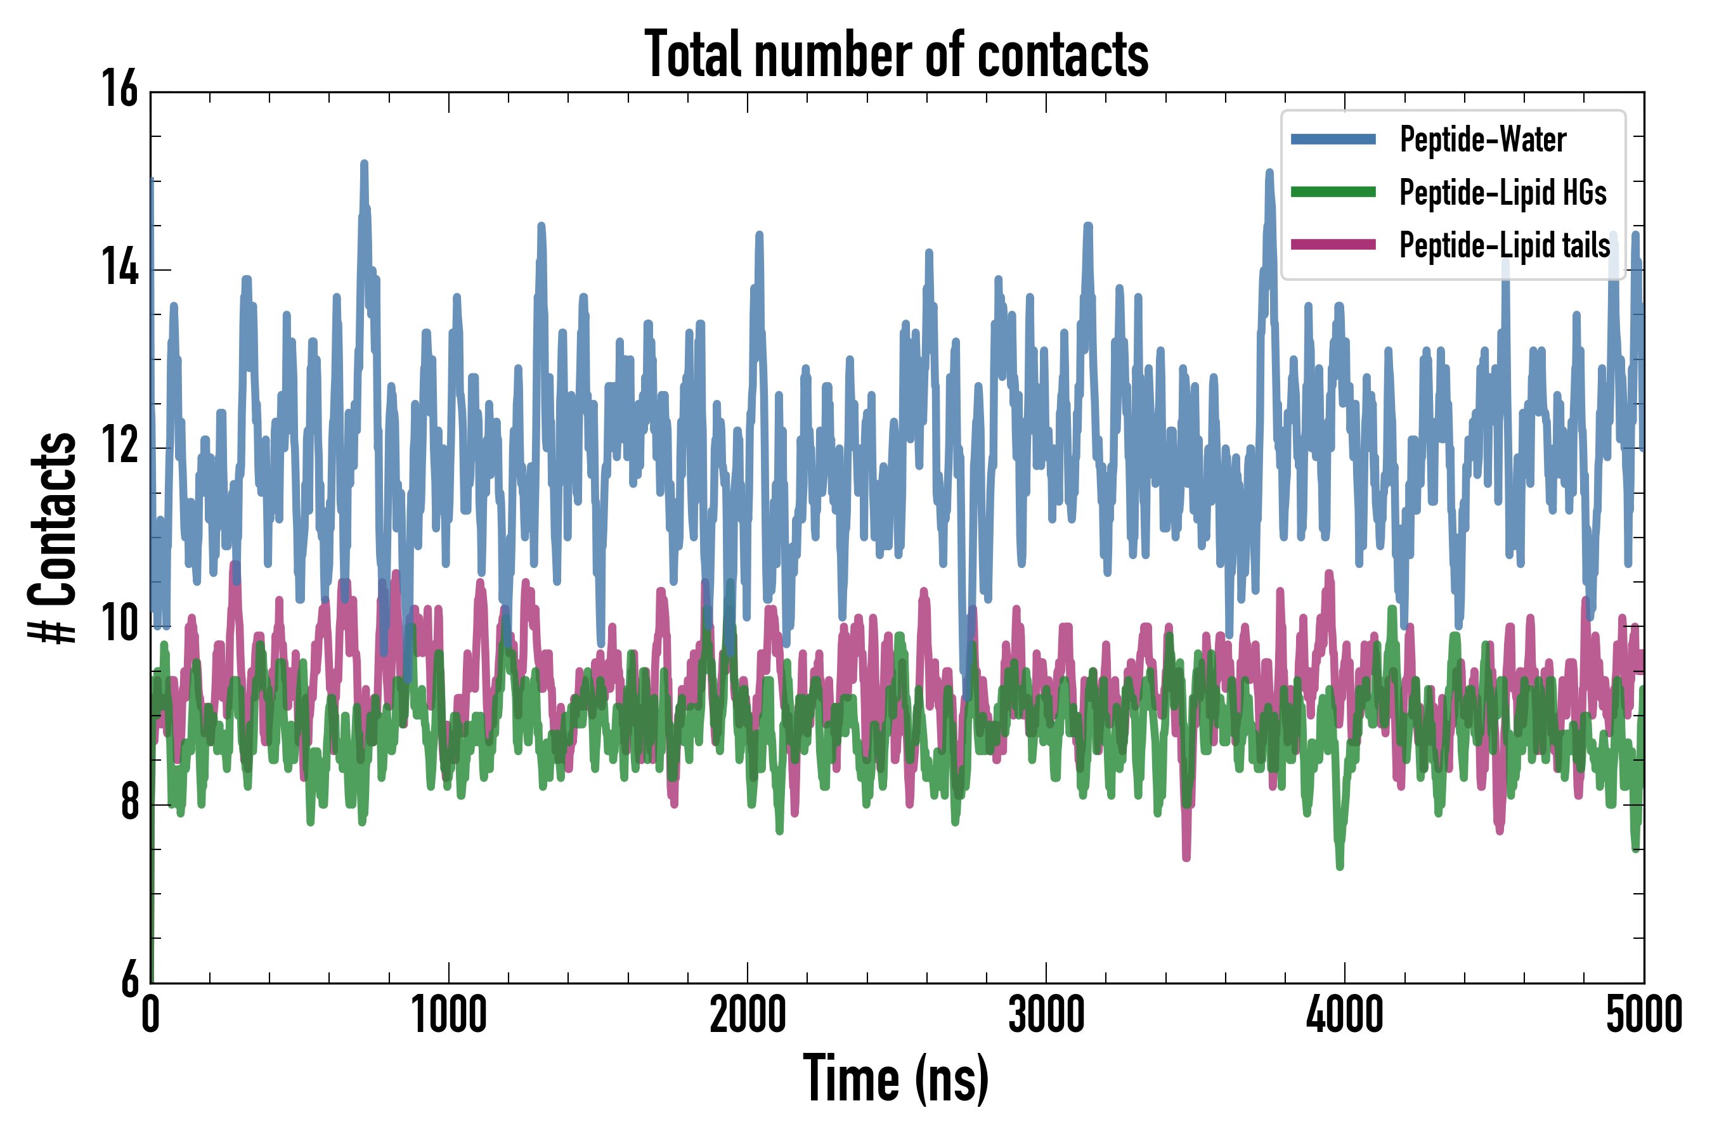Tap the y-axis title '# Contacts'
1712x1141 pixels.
click(53, 538)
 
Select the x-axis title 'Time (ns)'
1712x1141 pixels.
click(896, 1078)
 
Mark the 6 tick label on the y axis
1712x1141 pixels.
click(129, 979)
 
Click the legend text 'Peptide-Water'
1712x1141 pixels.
click(1482, 139)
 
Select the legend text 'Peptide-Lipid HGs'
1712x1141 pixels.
click(1503, 192)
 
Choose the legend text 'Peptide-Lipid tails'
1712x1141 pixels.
click(1505, 245)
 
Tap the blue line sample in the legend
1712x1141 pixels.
click(1333, 139)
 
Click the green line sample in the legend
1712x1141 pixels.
click(1333, 192)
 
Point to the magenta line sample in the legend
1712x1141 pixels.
click(1333, 245)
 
